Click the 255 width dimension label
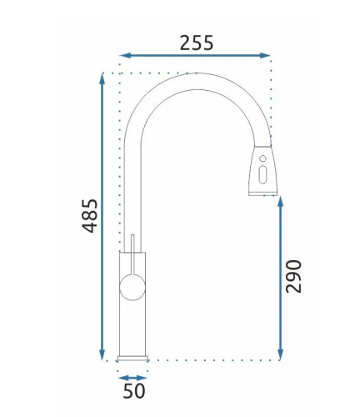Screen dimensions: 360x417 click(197, 43)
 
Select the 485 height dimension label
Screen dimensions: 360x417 click(90, 215)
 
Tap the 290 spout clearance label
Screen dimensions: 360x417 click(293, 276)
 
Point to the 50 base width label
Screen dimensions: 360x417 click(134, 390)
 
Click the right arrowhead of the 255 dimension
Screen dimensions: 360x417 click(266, 56)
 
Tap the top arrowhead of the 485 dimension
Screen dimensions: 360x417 click(102, 78)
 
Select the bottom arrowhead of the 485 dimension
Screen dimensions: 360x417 click(102, 355)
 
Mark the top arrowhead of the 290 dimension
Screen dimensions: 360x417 click(280, 201)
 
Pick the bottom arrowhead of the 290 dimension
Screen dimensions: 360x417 click(280, 355)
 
